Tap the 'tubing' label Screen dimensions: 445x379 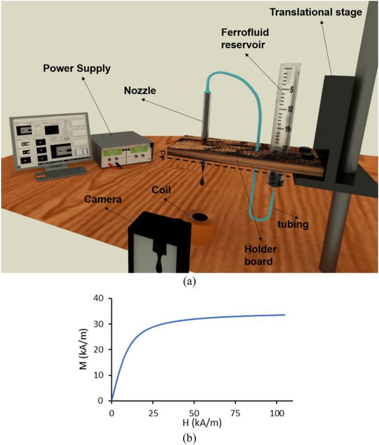(x=294, y=224)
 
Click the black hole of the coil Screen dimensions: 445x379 (x=201, y=217)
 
